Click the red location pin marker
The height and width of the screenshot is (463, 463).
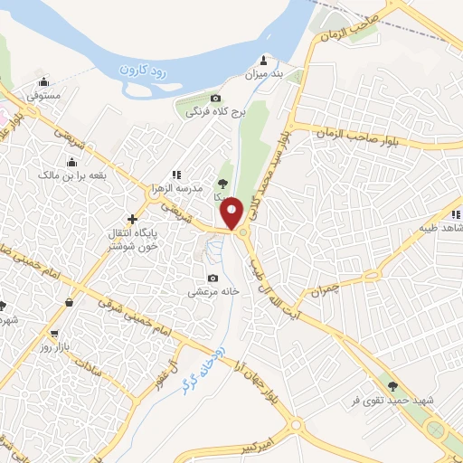tap(232, 213)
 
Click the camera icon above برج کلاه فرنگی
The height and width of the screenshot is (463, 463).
tap(215, 99)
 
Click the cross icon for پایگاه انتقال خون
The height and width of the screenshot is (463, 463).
tap(133, 219)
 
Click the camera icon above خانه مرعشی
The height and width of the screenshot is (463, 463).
tap(213, 279)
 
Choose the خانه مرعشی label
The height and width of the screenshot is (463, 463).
tap(213, 292)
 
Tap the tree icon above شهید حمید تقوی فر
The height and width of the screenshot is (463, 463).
tap(392, 386)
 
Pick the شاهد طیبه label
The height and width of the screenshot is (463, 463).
tap(432, 227)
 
